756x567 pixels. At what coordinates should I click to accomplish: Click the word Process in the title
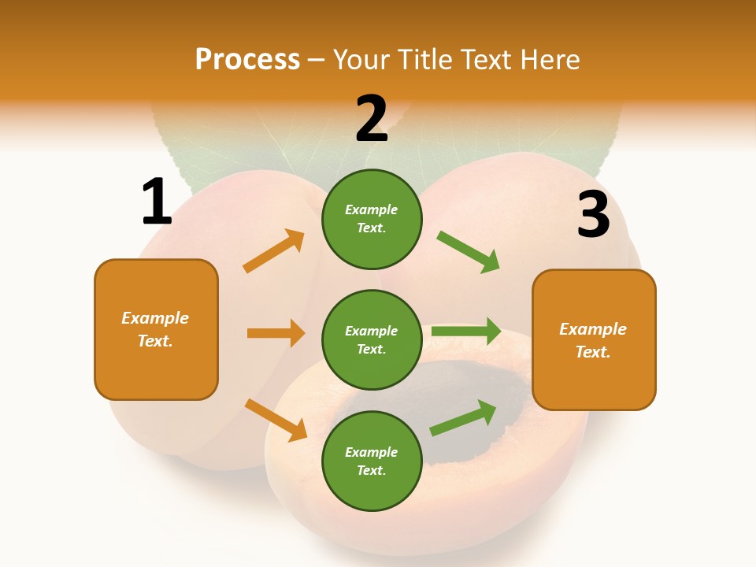click(247, 60)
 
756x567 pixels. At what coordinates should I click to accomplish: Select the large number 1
click(157, 202)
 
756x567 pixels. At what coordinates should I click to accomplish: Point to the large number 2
click(372, 119)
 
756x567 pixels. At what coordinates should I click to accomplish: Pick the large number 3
click(593, 215)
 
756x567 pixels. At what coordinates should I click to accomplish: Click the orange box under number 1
click(156, 329)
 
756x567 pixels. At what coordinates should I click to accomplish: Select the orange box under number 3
click(594, 339)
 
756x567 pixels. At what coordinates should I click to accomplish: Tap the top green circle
click(372, 219)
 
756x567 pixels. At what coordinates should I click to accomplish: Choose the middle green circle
click(372, 339)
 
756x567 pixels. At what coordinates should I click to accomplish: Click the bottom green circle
click(372, 461)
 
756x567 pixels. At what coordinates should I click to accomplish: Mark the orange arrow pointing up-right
click(274, 251)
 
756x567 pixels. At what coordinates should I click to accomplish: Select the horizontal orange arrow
click(276, 333)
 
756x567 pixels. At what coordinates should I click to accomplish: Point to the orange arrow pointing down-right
click(276, 420)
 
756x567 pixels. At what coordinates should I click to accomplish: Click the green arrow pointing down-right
click(469, 252)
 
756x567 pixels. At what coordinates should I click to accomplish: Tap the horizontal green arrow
click(466, 331)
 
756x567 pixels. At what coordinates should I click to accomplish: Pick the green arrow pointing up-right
click(463, 418)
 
